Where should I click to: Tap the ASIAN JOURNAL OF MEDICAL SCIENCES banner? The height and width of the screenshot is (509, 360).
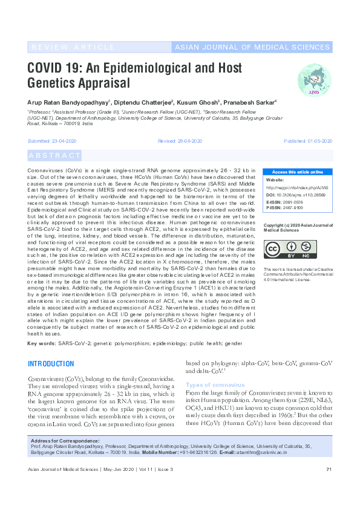tap(252, 47)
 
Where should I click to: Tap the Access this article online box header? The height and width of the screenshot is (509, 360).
tap(298, 172)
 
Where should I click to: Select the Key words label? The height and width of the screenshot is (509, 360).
tap(42, 343)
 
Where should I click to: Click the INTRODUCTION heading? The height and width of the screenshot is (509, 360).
tap(51, 364)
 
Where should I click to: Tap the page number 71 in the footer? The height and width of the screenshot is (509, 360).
tap(329, 470)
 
